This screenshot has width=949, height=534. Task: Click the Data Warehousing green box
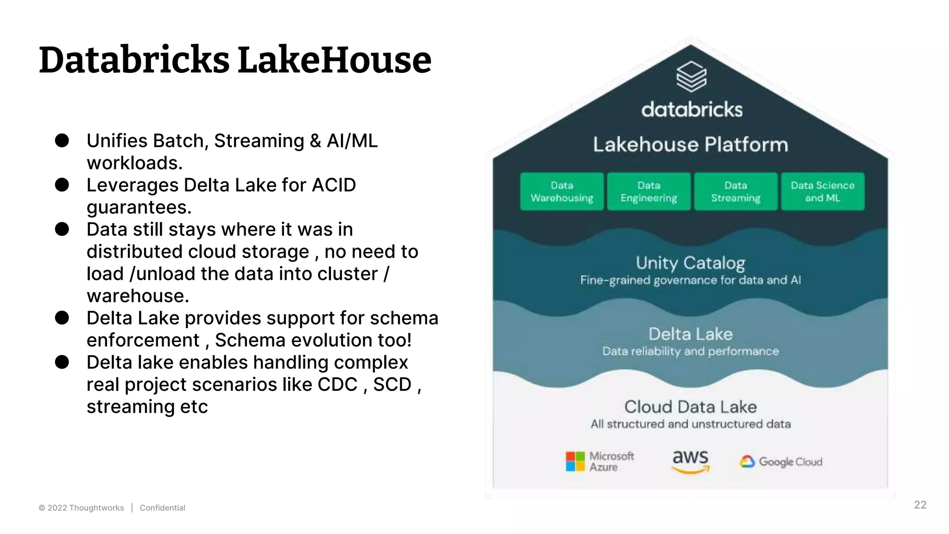[562, 191]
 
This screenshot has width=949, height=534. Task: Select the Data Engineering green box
[649, 191]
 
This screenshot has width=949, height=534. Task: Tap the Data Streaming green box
[735, 191]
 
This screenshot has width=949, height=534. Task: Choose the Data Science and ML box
[822, 191]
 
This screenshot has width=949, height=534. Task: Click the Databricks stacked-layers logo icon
[691, 76]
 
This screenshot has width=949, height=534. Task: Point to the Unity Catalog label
[690, 263]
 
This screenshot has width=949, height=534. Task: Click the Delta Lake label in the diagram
[690, 334]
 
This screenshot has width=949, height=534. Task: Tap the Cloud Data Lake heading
[690, 407]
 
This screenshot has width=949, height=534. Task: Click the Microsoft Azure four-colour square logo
[576, 461]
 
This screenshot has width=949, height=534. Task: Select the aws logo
[690, 460]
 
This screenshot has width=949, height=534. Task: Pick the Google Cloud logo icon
[747, 462]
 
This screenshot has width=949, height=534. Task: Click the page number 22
[920, 505]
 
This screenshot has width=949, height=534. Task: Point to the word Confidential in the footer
[162, 508]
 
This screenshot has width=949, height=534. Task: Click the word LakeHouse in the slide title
[334, 60]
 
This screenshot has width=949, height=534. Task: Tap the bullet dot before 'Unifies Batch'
[62, 140]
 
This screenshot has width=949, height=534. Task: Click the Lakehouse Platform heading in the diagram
[690, 145]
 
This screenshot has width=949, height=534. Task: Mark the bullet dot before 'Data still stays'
[62, 229]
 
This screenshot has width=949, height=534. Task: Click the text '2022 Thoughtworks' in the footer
[86, 508]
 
